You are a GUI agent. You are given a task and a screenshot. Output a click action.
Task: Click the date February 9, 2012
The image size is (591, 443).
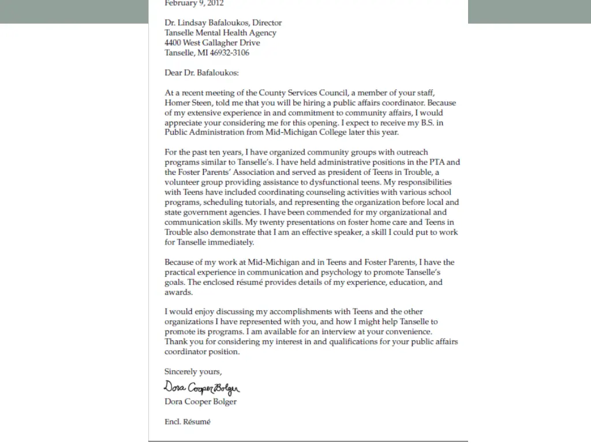[194, 3]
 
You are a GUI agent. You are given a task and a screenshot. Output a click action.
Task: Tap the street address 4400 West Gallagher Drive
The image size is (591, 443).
[212, 43]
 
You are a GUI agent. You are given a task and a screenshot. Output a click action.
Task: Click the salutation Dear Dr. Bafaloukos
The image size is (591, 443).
[201, 73]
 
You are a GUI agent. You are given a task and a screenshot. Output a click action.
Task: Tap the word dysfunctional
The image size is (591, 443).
[315, 182]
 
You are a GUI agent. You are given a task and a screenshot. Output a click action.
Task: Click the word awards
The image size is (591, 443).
[178, 292]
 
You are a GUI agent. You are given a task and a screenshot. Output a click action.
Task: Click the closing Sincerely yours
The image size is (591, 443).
[193, 371]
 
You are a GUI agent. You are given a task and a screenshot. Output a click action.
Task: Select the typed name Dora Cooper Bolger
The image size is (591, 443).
[200, 401]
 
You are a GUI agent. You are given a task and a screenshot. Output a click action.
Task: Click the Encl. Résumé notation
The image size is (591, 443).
[188, 422]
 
